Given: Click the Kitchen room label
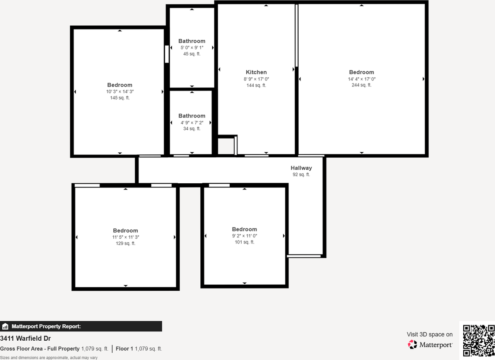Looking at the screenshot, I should [x=256, y=72].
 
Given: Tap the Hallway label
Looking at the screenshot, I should [x=301, y=168].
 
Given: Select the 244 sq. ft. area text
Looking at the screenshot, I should [x=361, y=85].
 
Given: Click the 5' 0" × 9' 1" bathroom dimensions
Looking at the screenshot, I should [x=192, y=48].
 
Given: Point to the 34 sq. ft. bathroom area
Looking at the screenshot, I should [x=192, y=129].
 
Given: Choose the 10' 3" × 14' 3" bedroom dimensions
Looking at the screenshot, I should [x=119, y=92].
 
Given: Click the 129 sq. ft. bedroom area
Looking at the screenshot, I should [x=125, y=244].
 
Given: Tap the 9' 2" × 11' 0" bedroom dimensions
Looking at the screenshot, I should [x=244, y=236].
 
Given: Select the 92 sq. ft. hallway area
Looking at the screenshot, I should [x=301, y=174].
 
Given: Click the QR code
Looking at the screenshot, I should [x=479, y=340].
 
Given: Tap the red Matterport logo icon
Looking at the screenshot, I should [x=412, y=345].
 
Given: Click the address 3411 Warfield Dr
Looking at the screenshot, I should [x=26, y=339].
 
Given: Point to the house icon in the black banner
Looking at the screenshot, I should [x=5, y=327].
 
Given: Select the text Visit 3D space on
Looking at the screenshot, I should [x=429, y=334].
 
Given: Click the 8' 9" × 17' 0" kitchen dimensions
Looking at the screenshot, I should [x=256, y=79].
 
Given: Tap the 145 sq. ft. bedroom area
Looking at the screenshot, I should [x=119, y=98].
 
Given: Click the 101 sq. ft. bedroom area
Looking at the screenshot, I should [x=244, y=242].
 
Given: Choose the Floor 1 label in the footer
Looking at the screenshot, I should [x=125, y=349].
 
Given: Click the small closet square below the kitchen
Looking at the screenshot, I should [x=226, y=146].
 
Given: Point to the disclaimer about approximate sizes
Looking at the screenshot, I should [x=49, y=358].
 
